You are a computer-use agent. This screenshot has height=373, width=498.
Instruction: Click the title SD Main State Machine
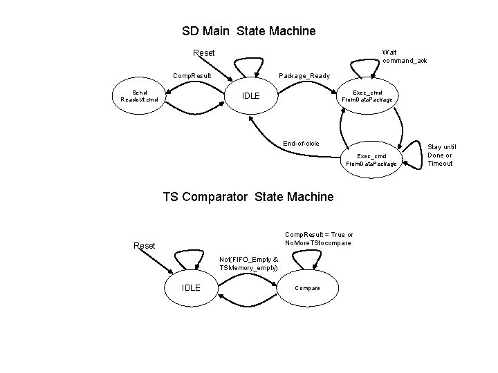(x=248, y=31)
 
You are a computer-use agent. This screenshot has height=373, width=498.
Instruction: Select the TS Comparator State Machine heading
(x=248, y=197)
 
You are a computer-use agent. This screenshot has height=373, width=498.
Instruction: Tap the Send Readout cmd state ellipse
(x=140, y=95)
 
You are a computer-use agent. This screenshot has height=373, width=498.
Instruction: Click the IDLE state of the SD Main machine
(x=252, y=95)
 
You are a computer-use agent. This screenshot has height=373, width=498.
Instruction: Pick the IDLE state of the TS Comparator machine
(x=191, y=287)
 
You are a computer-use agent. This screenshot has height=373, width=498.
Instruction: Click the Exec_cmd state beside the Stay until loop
(x=376, y=160)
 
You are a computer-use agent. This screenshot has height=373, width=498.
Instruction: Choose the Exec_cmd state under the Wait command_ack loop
(x=367, y=96)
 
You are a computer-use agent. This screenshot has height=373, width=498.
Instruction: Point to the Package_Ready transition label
(x=304, y=75)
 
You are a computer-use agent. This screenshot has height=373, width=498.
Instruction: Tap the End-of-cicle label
(x=301, y=144)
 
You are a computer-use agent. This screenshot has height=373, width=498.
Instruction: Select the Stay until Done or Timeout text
(x=440, y=155)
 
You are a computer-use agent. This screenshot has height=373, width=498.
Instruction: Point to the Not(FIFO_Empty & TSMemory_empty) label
(x=248, y=263)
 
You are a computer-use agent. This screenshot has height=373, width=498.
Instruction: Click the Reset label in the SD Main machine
(x=203, y=53)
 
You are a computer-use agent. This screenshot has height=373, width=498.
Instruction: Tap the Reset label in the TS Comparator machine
(x=144, y=245)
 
